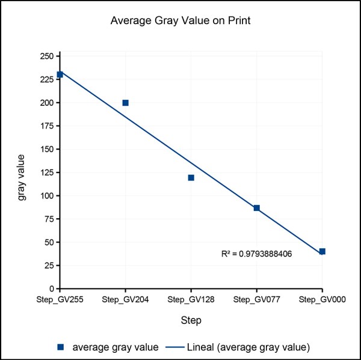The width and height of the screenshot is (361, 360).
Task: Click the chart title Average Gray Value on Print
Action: (x=180, y=21)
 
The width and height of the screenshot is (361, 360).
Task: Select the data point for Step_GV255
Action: (x=60, y=75)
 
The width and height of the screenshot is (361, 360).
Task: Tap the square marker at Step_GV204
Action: (x=125, y=103)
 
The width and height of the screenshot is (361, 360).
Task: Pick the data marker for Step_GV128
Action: (x=191, y=177)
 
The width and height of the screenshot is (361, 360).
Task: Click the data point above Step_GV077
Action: (x=256, y=208)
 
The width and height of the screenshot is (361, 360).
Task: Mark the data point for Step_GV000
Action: (x=322, y=251)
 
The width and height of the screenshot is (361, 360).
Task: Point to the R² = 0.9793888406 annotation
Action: (x=257, y=254)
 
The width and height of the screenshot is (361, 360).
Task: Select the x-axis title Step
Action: (x=191, y=320)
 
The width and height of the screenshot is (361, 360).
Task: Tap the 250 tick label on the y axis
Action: (x=46, y=56)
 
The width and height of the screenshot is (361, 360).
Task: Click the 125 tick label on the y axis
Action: (x=46, y=196)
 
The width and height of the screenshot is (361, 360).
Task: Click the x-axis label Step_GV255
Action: (x=60, y=299)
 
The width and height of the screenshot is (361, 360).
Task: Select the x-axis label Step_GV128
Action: (x=191, y=299)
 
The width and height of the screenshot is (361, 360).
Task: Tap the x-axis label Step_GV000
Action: (x=322, y=299)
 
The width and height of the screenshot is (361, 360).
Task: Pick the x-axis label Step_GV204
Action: (x=125, y=299)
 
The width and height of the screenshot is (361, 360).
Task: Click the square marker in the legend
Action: (x=61, y=347)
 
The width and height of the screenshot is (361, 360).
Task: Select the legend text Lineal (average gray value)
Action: (x=248, y=347)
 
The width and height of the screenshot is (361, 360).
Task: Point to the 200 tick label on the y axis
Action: (x=46, y=103)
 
